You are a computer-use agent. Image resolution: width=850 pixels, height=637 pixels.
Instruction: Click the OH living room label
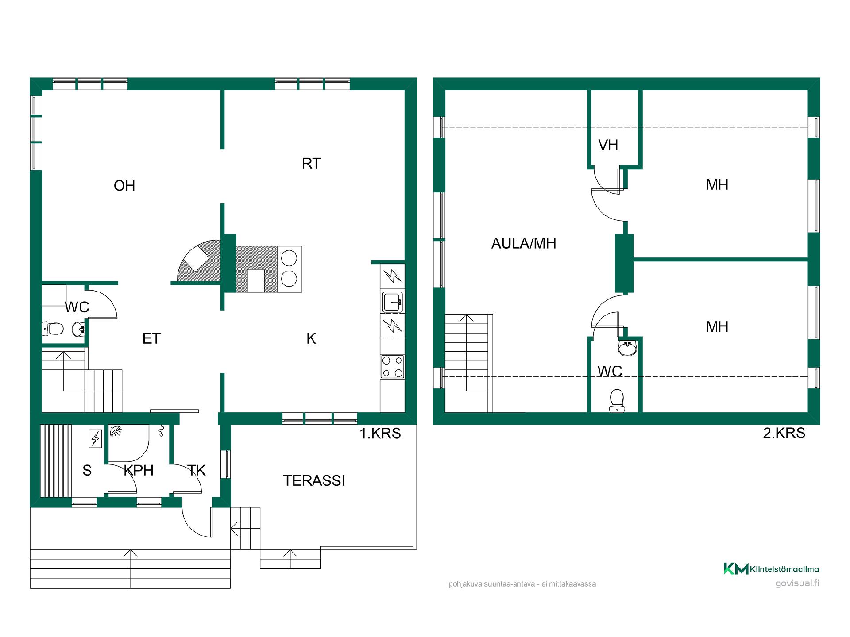pyautogui.click(x=124, y=186)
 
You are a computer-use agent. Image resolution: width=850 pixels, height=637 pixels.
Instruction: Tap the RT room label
pyautogui.click(x=311, y=164)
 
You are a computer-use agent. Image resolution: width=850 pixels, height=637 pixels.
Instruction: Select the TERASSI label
pyautogui.click(x=314, y=480)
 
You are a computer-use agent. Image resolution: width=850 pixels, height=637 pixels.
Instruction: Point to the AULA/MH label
pyautogui.click(x=524, y=243)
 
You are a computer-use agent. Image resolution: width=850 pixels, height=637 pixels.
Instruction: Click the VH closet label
pyautogui.click(x=608, y=145)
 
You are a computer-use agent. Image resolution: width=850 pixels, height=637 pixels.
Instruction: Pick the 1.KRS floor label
pyautogui.click(x=380, y=434)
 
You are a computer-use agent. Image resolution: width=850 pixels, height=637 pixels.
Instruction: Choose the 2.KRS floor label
pyautogui.click(x=784, y=433)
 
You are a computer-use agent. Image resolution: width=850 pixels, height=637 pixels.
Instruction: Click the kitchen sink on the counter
pyautogui.click(x=393, y=301)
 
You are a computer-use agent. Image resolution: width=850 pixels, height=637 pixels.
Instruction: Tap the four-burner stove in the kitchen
pyautogui.click(x=393, y=367)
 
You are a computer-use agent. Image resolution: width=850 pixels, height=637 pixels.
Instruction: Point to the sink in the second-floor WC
pyautogui.click(x=627, y=348)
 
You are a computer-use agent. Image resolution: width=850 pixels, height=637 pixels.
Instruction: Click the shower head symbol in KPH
pyautogui.click(x=116, y=430)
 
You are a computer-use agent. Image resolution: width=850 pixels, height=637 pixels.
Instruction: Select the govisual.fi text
pyautogui.click(x=797, y=583)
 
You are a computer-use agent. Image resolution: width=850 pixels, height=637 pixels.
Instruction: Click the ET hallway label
pyautogui.click(x=151, y=339)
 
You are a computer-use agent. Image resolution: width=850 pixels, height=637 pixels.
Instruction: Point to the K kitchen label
pyautogui.click(x=311, y=339)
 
